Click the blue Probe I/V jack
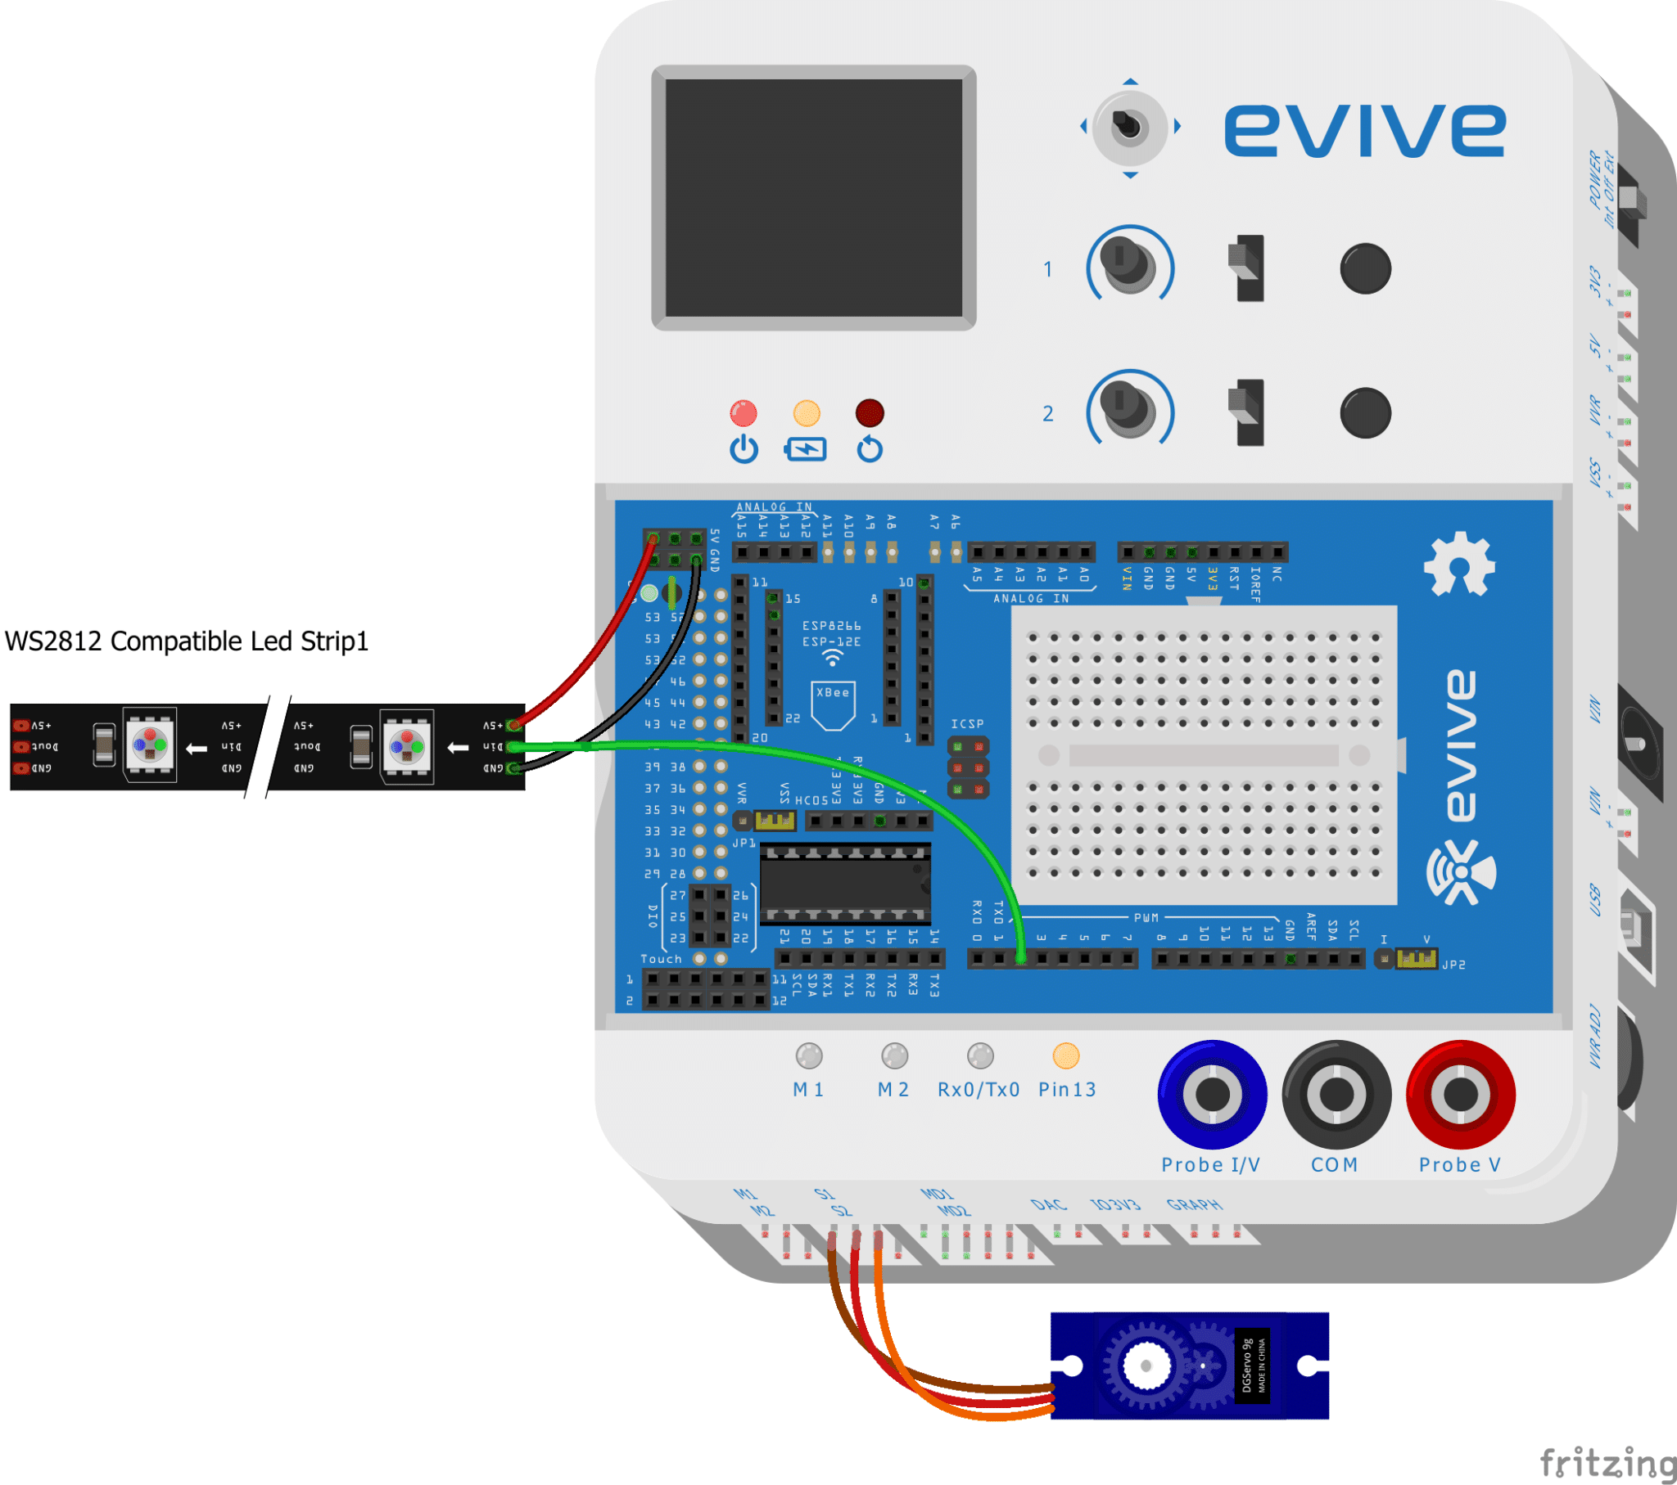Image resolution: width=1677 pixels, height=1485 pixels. coord(1212,1094)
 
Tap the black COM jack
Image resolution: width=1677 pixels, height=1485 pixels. coord(1336,1094)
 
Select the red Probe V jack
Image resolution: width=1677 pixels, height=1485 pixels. coord(1460,1094)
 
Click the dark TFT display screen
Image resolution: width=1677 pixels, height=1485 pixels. coord(813,198)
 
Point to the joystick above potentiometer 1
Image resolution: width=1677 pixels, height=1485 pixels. coord(1130,126)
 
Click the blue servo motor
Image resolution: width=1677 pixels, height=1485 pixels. coord(1189,1366)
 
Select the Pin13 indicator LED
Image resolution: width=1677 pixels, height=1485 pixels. coord(1066,1056)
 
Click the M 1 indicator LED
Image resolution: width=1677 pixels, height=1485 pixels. coord(809,1056)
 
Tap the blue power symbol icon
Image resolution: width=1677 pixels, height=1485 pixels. coord(744,449)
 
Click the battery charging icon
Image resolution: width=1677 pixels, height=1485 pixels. coord(806,449)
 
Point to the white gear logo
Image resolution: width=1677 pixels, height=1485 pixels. coord(1458,565)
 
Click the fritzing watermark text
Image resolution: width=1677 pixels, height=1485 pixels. coord(1607,1462)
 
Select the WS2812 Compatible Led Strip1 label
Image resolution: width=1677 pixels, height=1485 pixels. coord(187,641)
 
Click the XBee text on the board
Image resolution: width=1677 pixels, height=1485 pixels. coord(833,693)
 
